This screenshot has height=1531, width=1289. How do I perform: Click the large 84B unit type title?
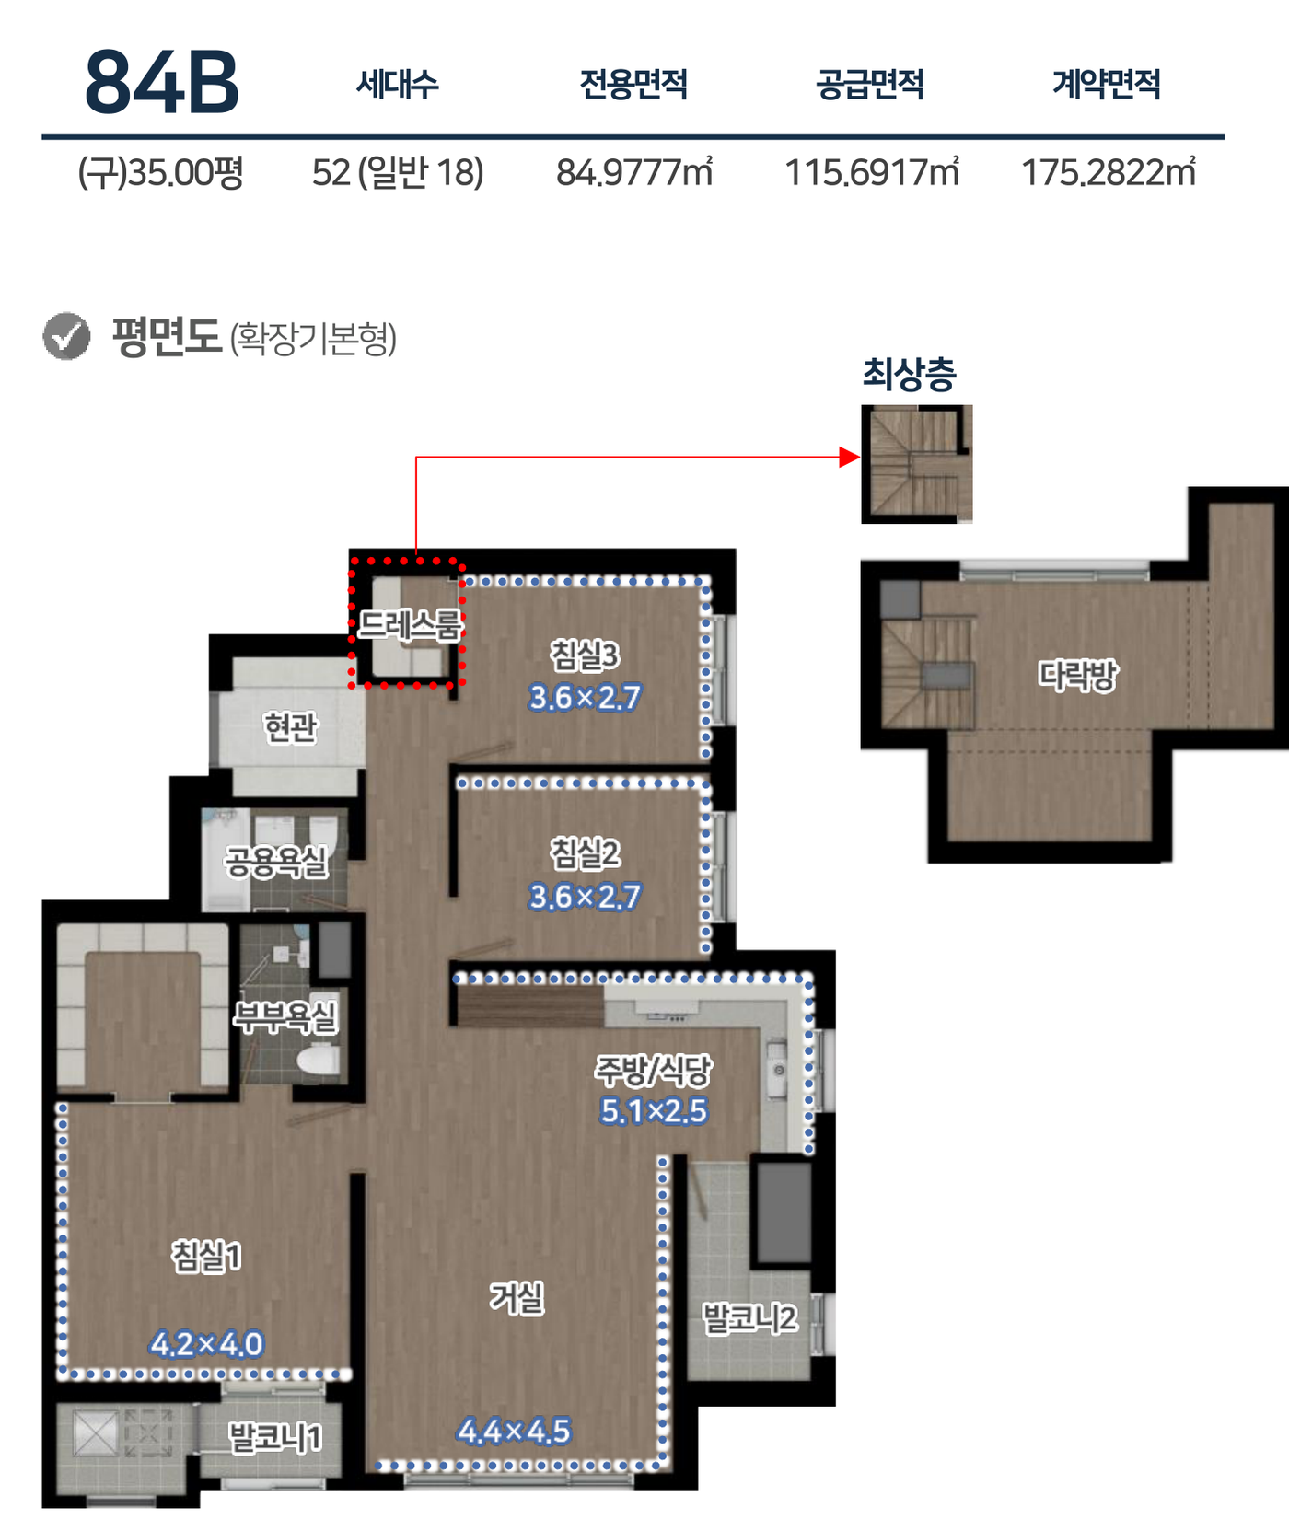[x=162, y=83]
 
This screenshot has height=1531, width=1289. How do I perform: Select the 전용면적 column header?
[x=633, y=84]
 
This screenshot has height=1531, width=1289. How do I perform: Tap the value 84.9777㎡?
[x=634, y=172]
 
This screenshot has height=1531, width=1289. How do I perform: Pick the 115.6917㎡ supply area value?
[x=871, y=172]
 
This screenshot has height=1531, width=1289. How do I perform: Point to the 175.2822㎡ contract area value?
[x=1109, y=172]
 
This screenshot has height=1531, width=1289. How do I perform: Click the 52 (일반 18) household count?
[x=398, y=172]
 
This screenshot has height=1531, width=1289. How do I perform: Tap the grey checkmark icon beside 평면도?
[x=66, y=336]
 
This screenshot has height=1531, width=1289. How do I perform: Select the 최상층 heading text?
[x=909, y=374]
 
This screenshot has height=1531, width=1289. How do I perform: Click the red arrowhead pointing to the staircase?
[x=850, y=457]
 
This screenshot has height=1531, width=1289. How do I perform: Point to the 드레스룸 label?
[x=410, y=625]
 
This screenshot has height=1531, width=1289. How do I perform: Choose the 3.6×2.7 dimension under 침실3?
[x=585, y=698]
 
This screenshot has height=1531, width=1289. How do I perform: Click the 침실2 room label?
[x=585, y=853]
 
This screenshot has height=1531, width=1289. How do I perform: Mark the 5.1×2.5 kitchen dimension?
[x=653, y=1111]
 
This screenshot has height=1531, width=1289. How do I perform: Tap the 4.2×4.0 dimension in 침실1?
[x=206, y=1344]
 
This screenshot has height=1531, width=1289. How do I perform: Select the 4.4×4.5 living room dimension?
[x=514, y=1431]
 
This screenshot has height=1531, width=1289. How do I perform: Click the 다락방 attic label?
[x=1077, y=675]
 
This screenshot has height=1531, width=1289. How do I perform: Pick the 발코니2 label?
[x=749, y=1318]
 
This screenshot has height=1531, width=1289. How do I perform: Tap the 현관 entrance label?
[x=291, y=727]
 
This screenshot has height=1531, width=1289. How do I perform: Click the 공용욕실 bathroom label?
[x=276, y=862]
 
